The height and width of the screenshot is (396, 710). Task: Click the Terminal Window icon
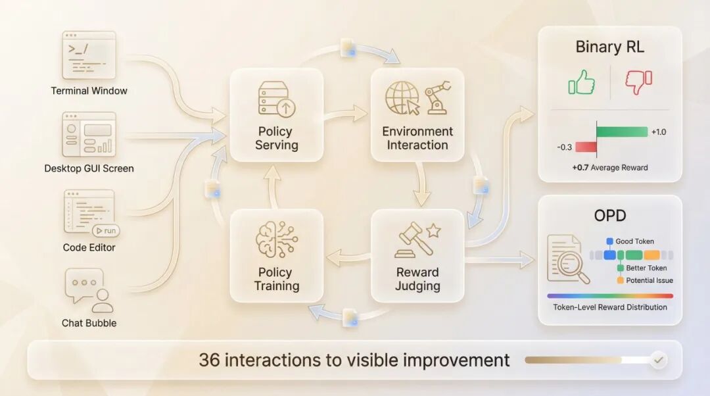pos(89,55)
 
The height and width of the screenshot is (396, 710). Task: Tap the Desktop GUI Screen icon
pos(89,134)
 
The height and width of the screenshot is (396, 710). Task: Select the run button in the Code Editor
pos(105,231)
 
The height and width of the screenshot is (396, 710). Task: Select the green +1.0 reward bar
pos(622,132)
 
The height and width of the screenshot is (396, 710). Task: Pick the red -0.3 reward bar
pos(586,147)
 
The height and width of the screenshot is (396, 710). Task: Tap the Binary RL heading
pos(609,47)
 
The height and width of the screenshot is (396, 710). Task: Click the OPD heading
pos(609,216)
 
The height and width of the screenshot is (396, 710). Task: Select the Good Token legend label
pos(634,241)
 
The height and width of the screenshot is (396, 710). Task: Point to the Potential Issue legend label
pos(649,280)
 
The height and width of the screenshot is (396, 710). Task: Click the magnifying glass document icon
pos(567,260)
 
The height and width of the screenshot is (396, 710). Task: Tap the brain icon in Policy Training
pos(276,239)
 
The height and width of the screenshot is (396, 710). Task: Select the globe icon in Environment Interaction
pos(402,98)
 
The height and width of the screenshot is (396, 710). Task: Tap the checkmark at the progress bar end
pos(658,360)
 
